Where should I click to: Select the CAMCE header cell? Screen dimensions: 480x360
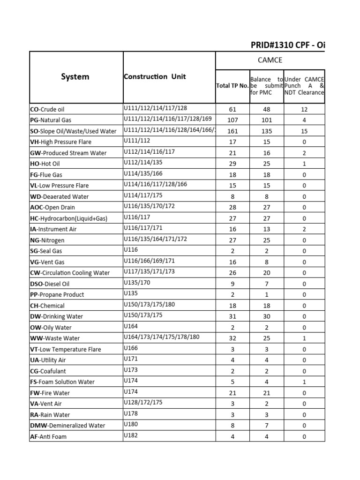[270, 60]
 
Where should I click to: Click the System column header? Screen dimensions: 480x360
[75, 77]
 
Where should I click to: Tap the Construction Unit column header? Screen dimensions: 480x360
[155, 76]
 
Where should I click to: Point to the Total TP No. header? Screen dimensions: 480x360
[232, 86]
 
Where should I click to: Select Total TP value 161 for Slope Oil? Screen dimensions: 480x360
[232, 131]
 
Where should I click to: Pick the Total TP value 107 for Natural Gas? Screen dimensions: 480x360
[232, 120]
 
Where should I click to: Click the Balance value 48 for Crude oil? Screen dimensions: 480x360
[266, 109]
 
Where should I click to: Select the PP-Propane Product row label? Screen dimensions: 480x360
[57, 295]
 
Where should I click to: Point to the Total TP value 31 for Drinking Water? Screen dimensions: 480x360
[232, 317]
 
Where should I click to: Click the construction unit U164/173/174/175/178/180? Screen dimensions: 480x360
[162, 337]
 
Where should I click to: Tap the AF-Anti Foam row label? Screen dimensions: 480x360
[48, 436]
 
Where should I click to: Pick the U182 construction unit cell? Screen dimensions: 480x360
[131, 435]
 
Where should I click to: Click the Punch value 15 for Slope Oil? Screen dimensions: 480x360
[304, 131]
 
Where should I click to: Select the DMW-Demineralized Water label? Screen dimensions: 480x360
[67, 426]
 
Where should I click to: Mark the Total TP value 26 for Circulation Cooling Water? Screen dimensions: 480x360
[232, 273]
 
